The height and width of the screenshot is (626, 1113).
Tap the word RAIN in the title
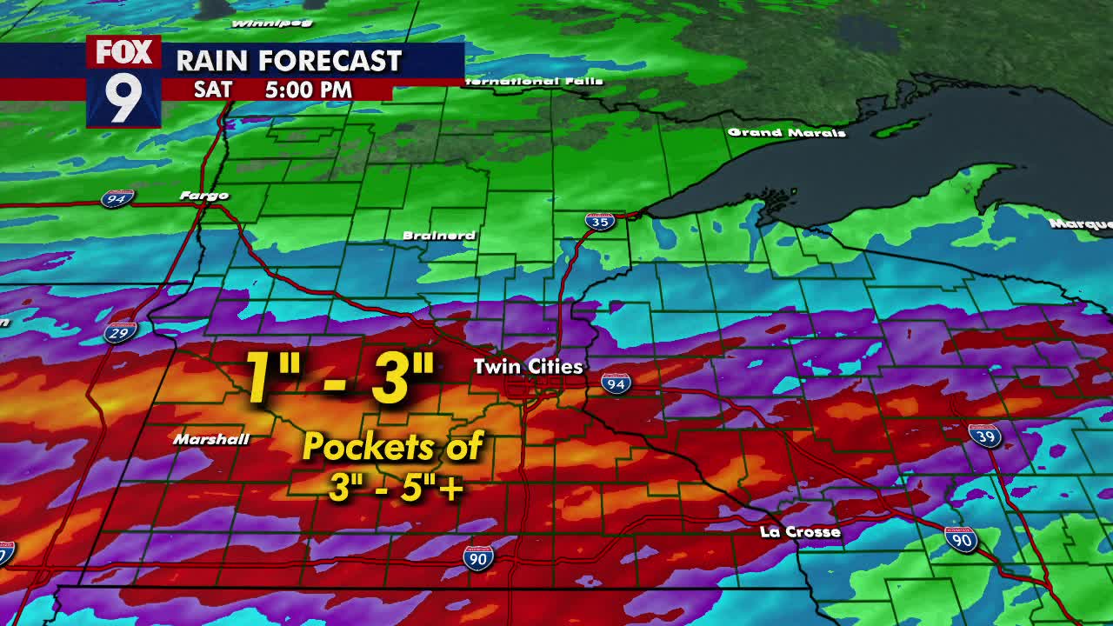[212, 61]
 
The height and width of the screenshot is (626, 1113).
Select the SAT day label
[213, 90]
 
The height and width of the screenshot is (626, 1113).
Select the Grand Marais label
[786, 132]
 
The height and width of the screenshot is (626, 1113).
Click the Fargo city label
[203, 196]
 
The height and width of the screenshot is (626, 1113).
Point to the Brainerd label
[439, 236]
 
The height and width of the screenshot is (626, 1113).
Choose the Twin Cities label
[528, 366]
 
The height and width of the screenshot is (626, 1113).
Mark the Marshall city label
[210, 439]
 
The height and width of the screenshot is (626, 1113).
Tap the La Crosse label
[800, 531]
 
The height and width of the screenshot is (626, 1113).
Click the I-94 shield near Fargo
[117, 199]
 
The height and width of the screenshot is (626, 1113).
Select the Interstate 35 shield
[599, 221]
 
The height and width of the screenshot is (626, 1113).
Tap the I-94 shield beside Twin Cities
[616, 382]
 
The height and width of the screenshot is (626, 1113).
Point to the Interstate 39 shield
[984, 436]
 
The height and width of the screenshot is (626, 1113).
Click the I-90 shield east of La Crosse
[961, 539]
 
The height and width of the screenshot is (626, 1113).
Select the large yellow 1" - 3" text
[339, 377]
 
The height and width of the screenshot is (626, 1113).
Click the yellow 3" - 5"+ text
[395, 488]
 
